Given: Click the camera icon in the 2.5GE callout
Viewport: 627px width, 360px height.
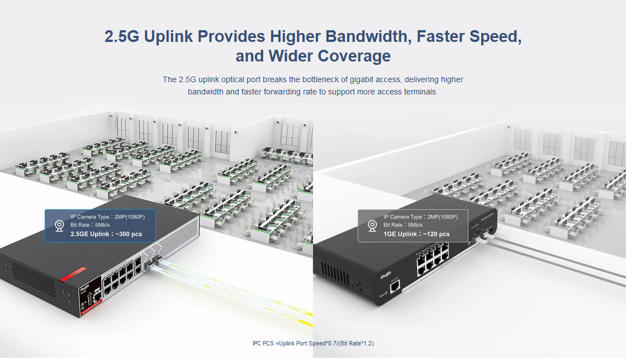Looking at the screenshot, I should (59, 226).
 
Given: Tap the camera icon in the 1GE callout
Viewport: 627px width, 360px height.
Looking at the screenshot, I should (372, 226).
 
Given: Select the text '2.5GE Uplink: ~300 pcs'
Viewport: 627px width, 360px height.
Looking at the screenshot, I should (106, 234).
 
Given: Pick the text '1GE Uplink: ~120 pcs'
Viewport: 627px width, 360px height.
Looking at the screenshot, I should (416, 234).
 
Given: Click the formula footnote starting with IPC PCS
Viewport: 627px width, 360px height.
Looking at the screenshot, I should (313, 343).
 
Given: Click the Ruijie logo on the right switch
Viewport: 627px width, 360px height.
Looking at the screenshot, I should (385, 276).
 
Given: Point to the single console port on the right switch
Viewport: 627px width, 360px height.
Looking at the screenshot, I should (395, 286).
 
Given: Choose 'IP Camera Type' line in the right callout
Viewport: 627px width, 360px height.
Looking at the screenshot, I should (420, 217).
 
